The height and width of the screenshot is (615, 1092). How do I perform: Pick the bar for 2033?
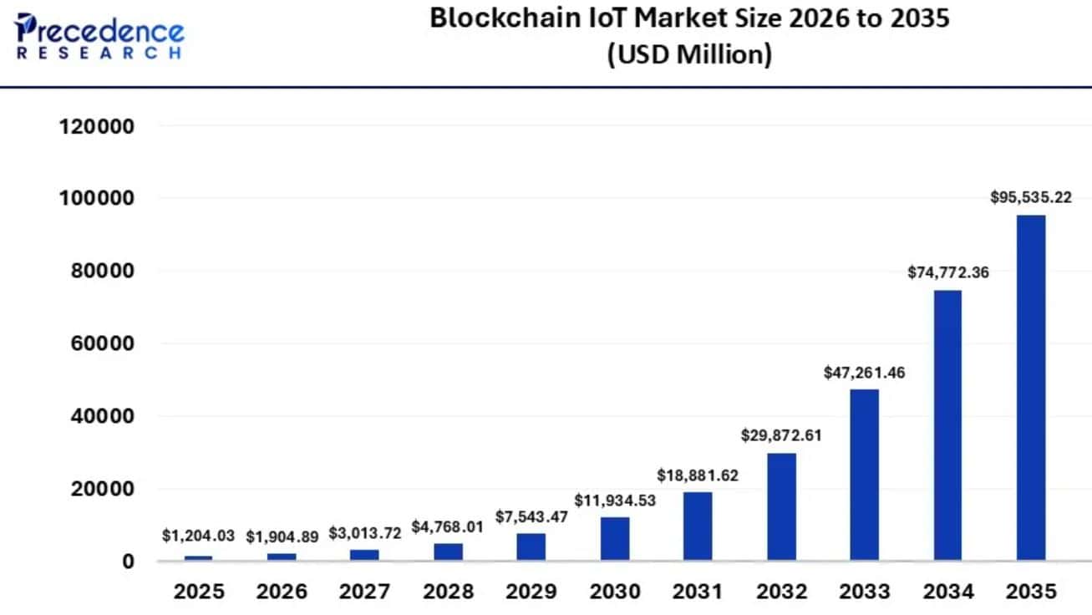click(x=864, y=474)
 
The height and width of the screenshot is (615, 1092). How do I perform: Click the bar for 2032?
click(x=781, y=506)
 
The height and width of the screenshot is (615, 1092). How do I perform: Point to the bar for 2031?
click(x=698, y=526)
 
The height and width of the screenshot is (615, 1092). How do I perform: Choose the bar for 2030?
click(x=615, y=538)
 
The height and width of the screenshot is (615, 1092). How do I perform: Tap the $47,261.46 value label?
click(x=864, y=373)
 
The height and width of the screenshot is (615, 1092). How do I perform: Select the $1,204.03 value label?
click(x=198, y=536)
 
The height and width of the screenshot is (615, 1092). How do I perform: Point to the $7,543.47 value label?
click(x=531, y=516)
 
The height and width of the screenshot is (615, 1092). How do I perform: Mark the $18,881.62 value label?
click(x=698, y=475)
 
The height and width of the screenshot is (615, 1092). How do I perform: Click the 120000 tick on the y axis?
click(x=96, y=127)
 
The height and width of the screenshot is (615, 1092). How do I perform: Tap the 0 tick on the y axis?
click(x=128, y=561)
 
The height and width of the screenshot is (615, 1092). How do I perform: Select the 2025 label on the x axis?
click(x=199, y=592)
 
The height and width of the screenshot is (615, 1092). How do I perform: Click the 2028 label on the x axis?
click(x=448, y=592)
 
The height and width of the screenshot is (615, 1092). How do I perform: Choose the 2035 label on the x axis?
click(x=1030, y=592)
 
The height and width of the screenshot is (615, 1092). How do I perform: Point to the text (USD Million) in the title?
click(x=689, y=55)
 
